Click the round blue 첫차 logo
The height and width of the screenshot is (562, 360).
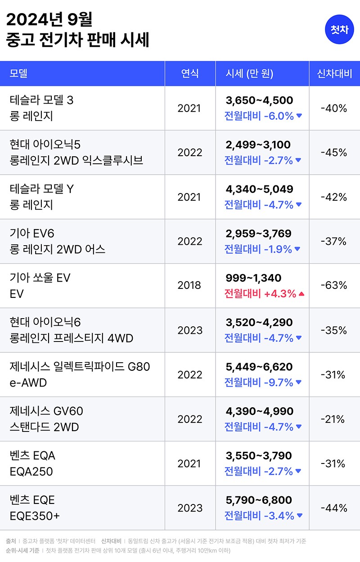(x=340, y=30)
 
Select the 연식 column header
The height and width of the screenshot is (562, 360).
(x=190, y=73)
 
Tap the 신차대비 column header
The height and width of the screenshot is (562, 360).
(x=334, y=73)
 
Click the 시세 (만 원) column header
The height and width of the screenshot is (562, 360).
(x=250, y=73)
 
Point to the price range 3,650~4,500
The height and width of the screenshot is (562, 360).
(x=259, y=100)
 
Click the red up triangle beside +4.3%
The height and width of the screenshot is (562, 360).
(x=301, y=294)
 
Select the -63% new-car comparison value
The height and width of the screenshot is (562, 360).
(x=334, y=285)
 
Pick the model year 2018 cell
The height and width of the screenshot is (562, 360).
(x=190, y=285)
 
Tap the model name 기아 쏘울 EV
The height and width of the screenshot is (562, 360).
(x=40, y=278)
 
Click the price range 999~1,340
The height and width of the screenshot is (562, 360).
(x=253, y=278)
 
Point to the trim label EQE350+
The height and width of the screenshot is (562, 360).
(x=35, y=516)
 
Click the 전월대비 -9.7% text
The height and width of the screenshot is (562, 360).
(x=259, y=382)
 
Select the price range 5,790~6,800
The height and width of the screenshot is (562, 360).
(x=259, y=500)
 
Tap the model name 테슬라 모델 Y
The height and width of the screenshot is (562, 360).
(x=42, y=189)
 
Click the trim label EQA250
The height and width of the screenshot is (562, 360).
(x=31, y=472)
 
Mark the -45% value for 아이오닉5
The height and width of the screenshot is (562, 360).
(x=334, y=153)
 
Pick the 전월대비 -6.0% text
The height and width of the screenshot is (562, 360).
(x=259, y=116)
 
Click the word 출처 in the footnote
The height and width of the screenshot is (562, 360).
(x=11, y=541)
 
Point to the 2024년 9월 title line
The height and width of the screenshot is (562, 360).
(x=49, y=20)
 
